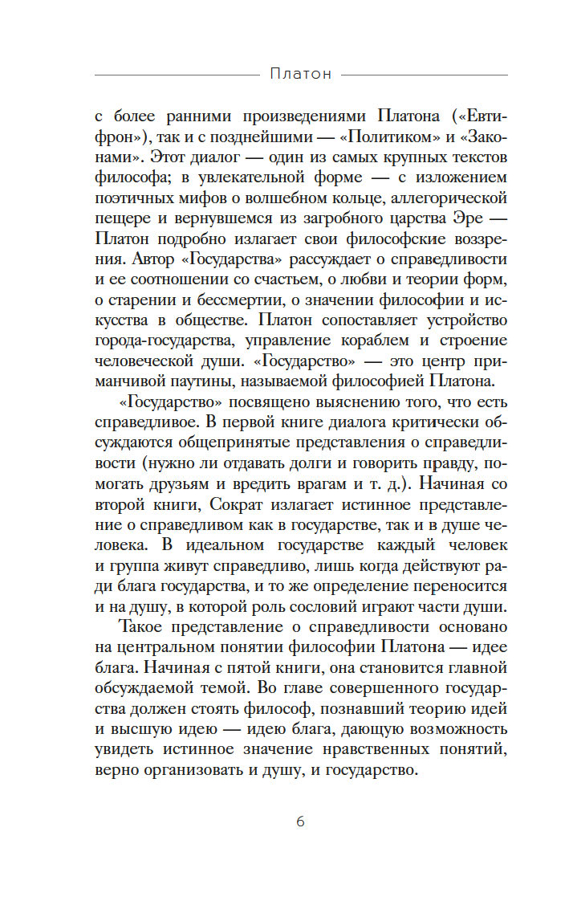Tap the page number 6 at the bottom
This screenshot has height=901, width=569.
[301, 821]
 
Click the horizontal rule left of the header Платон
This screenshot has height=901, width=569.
[173, 75]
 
